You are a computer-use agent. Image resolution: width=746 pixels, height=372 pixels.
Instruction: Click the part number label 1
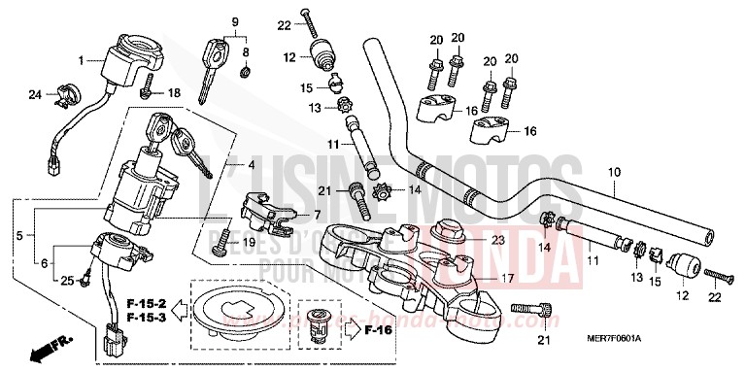click(82, 59)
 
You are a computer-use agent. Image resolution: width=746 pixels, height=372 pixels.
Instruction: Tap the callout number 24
click(35, 94)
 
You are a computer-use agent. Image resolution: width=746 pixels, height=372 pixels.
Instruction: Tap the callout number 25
click(66, 281)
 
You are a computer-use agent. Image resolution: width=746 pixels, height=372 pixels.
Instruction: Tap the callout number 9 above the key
click(233, 21)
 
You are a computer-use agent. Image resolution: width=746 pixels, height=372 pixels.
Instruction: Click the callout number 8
click(246, 51)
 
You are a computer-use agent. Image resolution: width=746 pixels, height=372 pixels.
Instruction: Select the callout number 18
click(174, 93)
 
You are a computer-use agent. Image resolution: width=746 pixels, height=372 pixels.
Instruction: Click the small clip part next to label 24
click(60, 94)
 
